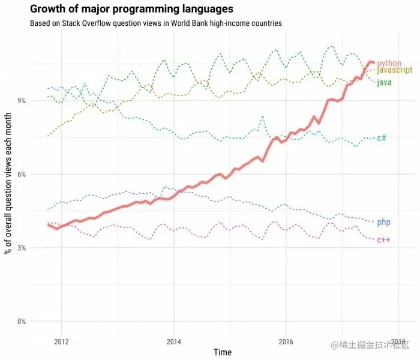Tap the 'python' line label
click(x=389, y=63)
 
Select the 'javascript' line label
click(x=394, y=71)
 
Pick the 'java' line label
click(x=385, y=82)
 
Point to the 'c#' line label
click(x=382, y=138)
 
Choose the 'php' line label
click(x=384, y=223)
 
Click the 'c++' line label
click(x=384, y=240)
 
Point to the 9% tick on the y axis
click(x=21, y=101)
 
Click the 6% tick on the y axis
click(x=21, y=174)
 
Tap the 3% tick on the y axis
click(x=21, y=248)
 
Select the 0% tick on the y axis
click(x=21, y=322)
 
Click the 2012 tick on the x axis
click(x=61, y=341)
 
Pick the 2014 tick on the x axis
click(x=173, y=341)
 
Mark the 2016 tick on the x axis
click(x=286, y=341)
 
